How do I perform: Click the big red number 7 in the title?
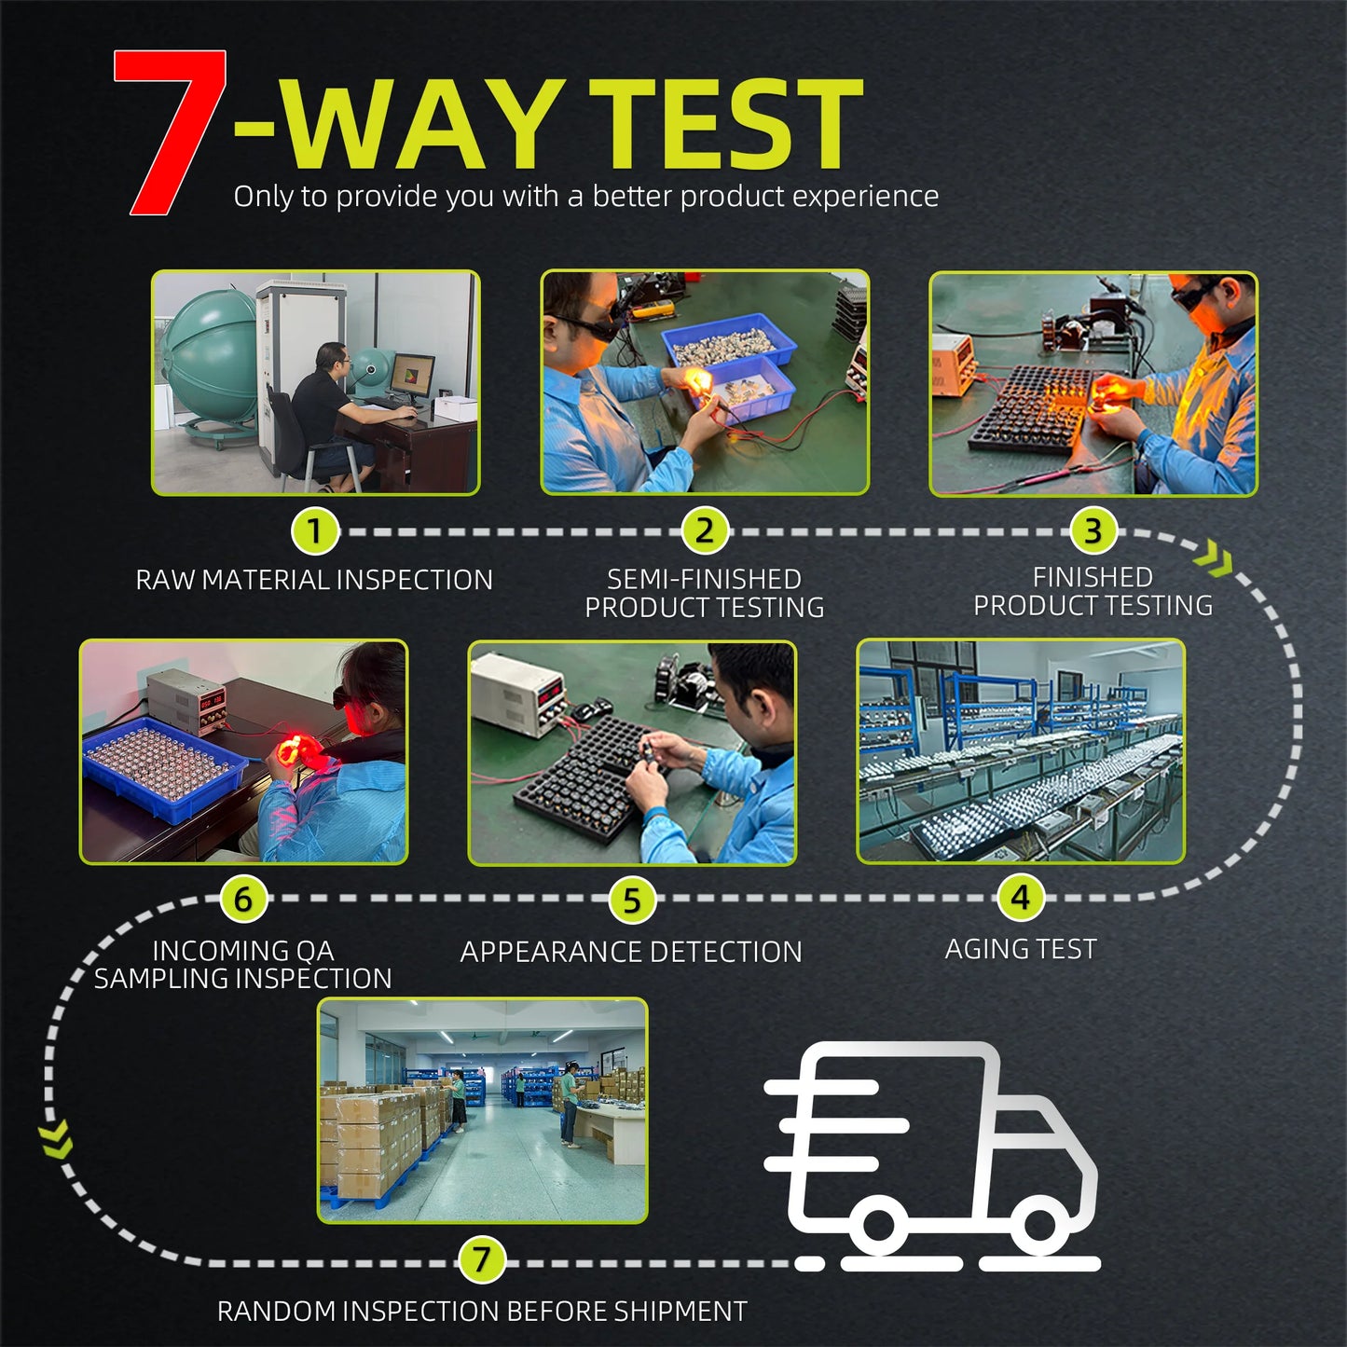click(170, 131)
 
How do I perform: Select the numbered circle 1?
click(314, 531)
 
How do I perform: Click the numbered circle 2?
click(704, 530)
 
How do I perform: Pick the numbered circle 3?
click(1093, 530)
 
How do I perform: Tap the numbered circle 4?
click(1020, 898)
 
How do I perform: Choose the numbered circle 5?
click(631, 900)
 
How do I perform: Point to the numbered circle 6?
click(242, 899)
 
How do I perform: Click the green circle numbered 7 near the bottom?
click(481, 1259)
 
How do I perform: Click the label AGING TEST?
click(1021, 949)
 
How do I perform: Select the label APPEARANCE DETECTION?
click(631, 952)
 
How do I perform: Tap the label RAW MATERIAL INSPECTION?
click(314, 580)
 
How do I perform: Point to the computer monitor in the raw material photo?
click(412, 376)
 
